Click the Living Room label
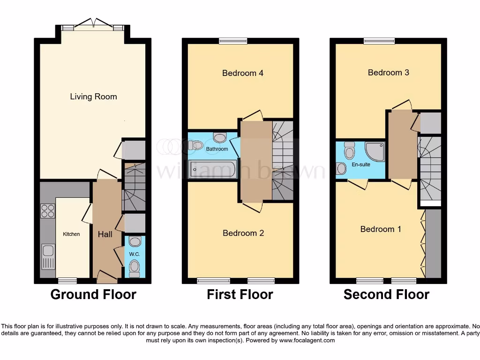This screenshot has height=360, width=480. (x=93, y=97)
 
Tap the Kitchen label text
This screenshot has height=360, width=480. (x=72, y=234)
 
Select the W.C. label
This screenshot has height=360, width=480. (x=135, y=254)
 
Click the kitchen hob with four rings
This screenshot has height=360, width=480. (x=47, y=211)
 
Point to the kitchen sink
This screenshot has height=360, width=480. (x=48, y=257)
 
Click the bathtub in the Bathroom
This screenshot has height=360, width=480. (x=212, y=169)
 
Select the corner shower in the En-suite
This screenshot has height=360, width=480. (x=374, y=152)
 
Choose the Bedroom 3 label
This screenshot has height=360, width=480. (x=388, y=73)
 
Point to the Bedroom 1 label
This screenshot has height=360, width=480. (x=381, y=229)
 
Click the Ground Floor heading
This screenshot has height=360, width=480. (x=93, y=294)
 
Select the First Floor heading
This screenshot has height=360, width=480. (x=240, y=294)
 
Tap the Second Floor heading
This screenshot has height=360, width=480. (x=386, y=294)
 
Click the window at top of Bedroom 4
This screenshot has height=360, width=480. (x=232, y=41)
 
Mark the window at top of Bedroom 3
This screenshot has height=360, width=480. (x=379, y=41)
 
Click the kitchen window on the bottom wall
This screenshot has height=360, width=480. (x=67, y=281)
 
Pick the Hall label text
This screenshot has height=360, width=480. (x=105, y=234)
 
